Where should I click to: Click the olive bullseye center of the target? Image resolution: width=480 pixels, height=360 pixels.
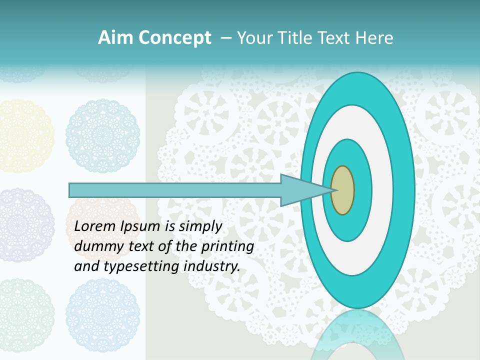coord(342,190)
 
